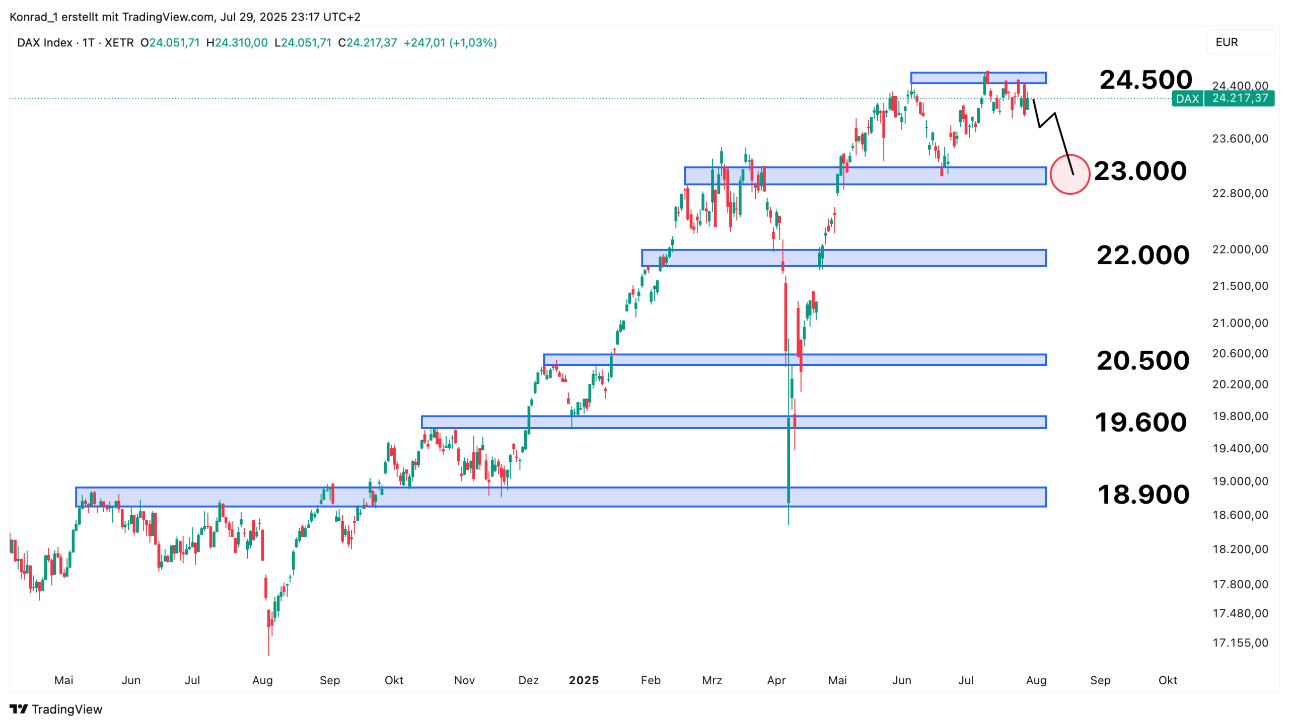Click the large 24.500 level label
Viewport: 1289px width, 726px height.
(x=1145, y=79)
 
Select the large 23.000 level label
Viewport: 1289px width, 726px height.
(x=1140, y=171)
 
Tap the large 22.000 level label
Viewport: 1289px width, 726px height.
(x=1142, y=255)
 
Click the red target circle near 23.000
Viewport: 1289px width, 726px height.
(x=1069, y=174)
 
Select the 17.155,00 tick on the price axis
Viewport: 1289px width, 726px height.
(x=1240, y=642)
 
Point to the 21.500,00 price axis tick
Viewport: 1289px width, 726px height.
(x=1240, y=286)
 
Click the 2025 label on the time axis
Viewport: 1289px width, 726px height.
(x=584, y=680)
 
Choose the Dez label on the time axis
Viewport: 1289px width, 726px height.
(x=528, y=680)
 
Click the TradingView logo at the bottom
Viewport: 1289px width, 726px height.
(x=56, y=709)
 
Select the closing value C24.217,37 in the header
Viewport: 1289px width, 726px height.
(x=368, y=43)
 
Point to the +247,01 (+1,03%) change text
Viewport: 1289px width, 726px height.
(x=450, y=43)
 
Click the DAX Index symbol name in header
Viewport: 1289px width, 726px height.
(x=45, y=43)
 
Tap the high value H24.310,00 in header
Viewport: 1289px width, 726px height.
(x=237, y=43)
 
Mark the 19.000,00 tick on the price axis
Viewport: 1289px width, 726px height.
(x=1240, y=481)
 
